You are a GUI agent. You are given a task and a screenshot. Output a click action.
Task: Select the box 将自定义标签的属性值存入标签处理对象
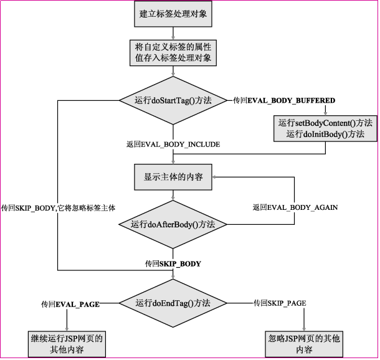(173, 53)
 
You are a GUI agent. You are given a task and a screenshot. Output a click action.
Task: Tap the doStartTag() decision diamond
(173, 100)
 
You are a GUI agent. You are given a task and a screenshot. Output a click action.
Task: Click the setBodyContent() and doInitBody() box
(326, 128)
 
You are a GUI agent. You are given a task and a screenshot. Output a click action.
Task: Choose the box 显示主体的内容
(173, 177)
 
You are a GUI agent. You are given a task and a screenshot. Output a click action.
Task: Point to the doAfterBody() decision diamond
(173, 224)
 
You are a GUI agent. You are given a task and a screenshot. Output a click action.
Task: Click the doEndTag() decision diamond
(173, 303)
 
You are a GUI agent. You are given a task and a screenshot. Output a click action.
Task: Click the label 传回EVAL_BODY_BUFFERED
(284, 100)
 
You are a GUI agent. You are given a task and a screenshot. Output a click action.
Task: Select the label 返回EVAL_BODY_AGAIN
(295, 207)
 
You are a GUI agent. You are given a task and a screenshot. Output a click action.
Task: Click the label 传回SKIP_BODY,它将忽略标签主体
(59, 207)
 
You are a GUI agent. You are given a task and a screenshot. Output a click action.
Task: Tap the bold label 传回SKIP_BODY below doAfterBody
(173, 263)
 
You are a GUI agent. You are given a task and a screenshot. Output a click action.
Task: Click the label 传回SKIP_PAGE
(279, 303)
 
